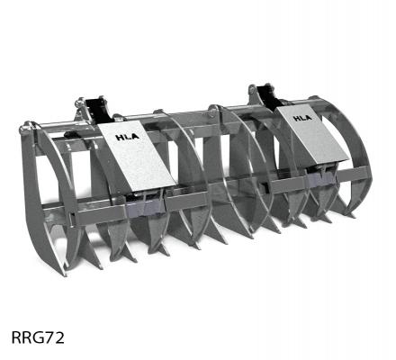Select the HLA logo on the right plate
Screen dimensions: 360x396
pyautogui.click(x=302, y=116)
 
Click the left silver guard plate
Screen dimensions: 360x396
pyautogui.click(x=135, y=157)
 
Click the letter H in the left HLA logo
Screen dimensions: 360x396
pyautogui.click(x=119, y=137)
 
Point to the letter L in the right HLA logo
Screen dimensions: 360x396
pyautogui.click(x=302, y=116)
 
